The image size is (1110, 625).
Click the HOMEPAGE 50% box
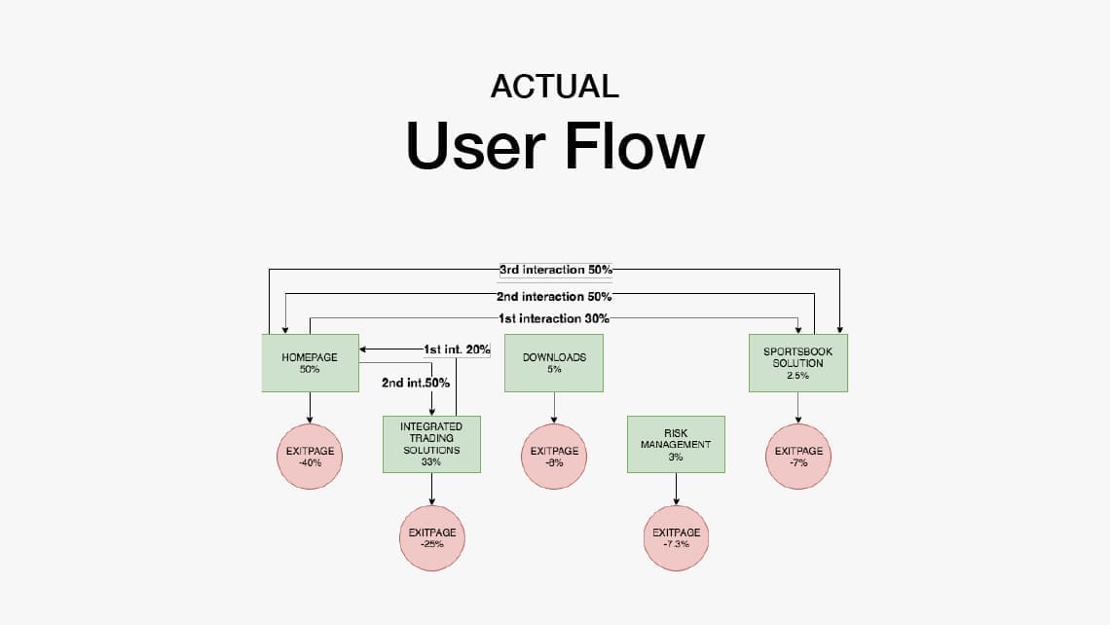click(310, 363)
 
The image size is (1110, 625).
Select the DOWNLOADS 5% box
click(554, 363)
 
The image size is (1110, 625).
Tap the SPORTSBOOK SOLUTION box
click(797, 363)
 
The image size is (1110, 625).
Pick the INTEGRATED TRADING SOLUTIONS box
click(431, 445)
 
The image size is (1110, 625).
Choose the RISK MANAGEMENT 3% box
click(676, 445)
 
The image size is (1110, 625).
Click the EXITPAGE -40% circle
click(310, 457)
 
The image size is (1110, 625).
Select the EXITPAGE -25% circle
click(431, 538)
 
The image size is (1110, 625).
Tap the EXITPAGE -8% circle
click(554, 457)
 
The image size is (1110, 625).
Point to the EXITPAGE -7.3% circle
click(676, 538)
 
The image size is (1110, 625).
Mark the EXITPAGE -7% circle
click(798, 457)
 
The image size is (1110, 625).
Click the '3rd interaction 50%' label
click(556, 270)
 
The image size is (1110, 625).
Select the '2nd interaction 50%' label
click(554, 297)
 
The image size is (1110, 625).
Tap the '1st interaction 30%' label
click(554, 318)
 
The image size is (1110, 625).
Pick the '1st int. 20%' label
click(457, 349)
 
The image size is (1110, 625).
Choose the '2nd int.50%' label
click(416, 383)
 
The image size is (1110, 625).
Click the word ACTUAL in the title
click(555, 87)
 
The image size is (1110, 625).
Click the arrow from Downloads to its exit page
click(554, 408)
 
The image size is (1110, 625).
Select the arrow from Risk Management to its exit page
click(676, 489)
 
